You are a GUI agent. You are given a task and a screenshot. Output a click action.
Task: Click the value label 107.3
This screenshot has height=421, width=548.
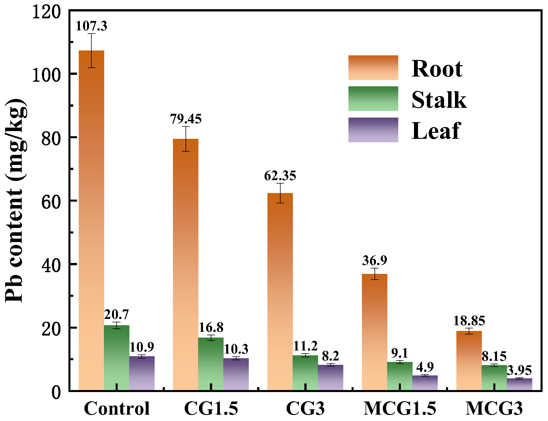[x=91, y=26]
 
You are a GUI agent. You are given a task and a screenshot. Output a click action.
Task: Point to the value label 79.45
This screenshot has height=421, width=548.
[x=186, y=119]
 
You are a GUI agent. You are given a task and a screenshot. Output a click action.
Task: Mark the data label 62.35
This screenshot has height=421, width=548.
[x=280, y=176]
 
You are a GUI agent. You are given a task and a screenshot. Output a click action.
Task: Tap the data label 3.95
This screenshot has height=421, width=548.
[x=519, y=371]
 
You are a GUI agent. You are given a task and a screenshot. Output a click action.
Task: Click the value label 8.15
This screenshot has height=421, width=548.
[x=494, y=356]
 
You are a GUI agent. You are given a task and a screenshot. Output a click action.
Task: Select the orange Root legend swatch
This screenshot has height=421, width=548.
[x=373, y=68]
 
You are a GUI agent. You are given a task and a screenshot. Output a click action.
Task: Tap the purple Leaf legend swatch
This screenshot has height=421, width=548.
[x=373, y=130]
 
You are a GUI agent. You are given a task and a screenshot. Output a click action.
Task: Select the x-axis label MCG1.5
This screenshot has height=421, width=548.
[x=400, y=408]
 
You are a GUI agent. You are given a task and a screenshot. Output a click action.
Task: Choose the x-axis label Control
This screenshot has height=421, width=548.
[x=117, y=408]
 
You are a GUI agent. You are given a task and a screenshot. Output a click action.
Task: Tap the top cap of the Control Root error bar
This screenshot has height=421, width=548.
[x=91, y=34]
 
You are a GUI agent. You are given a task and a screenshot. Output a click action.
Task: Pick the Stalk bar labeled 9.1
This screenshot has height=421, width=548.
[x=400, y=376]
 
